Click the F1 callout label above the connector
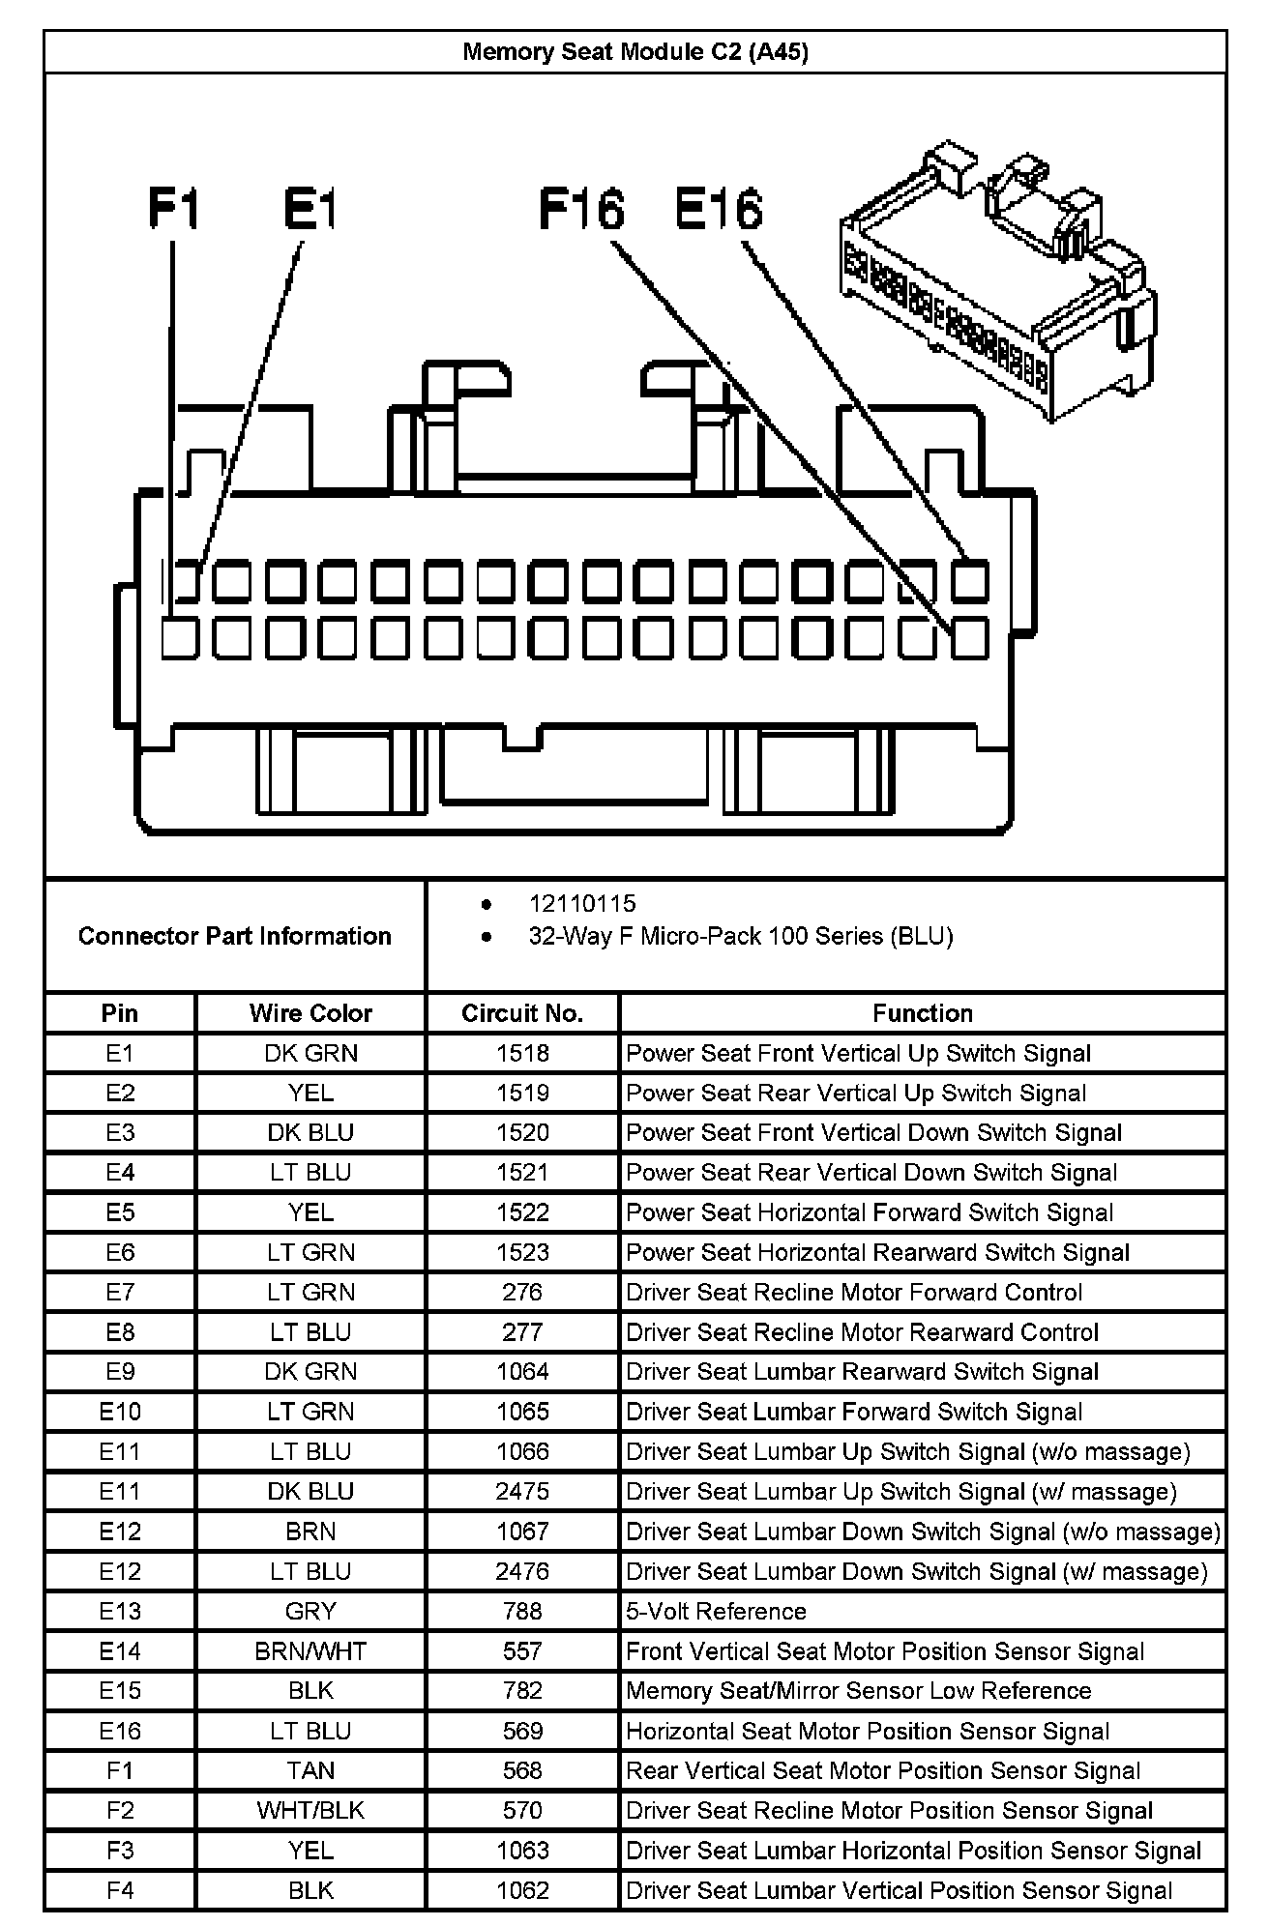point(174,209)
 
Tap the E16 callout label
point(719,209)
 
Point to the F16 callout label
point(581,209)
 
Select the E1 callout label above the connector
point(310,209)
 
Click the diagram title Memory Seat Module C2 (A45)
point(634,52)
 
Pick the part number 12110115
point(582,903)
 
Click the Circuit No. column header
point(522,1013)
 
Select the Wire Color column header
point(310,1013)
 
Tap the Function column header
point(922,1013)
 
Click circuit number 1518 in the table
point(522,1053)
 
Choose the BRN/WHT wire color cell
point(310,1650)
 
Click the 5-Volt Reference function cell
point(716,1611)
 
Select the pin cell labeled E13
point(120,1611)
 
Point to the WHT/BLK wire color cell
point(310,1810)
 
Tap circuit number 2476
point(522,1571)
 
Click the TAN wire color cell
point(310,1770)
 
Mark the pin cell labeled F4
point(120,1890)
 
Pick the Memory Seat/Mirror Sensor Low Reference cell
point(858,1690)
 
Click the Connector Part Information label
point(235,936)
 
